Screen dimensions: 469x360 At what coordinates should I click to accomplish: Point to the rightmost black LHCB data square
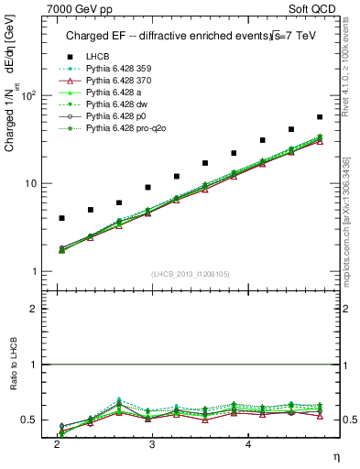(320, 117)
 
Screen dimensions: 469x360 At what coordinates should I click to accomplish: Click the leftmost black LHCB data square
(61, 218)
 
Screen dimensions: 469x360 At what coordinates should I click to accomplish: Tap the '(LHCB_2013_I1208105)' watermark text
(191, 273)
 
